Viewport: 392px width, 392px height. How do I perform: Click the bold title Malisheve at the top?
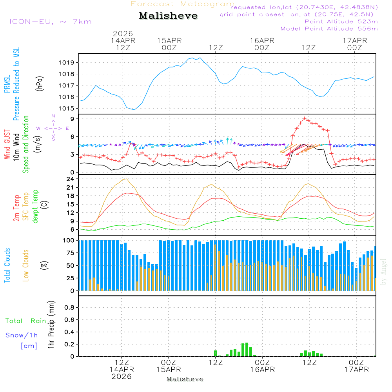click(168, 16)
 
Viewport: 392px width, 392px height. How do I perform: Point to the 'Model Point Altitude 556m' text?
click(329, 29)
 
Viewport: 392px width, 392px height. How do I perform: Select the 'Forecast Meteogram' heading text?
click(182, 4)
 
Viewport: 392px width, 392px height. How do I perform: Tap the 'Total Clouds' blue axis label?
click(7, 265)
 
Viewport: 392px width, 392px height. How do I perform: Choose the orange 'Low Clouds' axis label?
click(26, 265)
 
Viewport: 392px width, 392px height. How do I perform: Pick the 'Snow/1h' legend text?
click(22, 336)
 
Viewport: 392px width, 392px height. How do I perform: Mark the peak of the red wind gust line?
click(305, 118)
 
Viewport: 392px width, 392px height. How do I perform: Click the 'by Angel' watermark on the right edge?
click(383, 272)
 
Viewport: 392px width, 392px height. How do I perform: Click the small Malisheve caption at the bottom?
click(185, 379)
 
